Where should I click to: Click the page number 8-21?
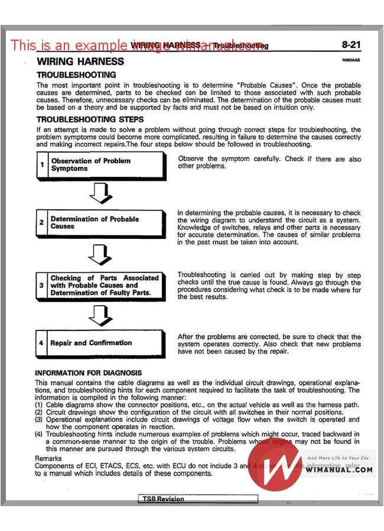352,45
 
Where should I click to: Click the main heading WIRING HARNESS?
80,61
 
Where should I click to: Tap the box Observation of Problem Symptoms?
100,165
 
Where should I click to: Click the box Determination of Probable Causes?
100,223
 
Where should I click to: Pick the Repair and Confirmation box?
100,343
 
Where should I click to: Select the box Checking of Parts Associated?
100,285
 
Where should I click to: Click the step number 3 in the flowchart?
41,285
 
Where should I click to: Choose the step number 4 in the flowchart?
41,343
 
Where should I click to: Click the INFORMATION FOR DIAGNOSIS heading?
88,373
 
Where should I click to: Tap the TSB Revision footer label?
163,498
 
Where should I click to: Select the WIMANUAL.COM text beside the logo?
340,470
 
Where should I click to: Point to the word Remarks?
48,458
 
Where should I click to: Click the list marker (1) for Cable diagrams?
40,404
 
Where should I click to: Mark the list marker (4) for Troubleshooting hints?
40,434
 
